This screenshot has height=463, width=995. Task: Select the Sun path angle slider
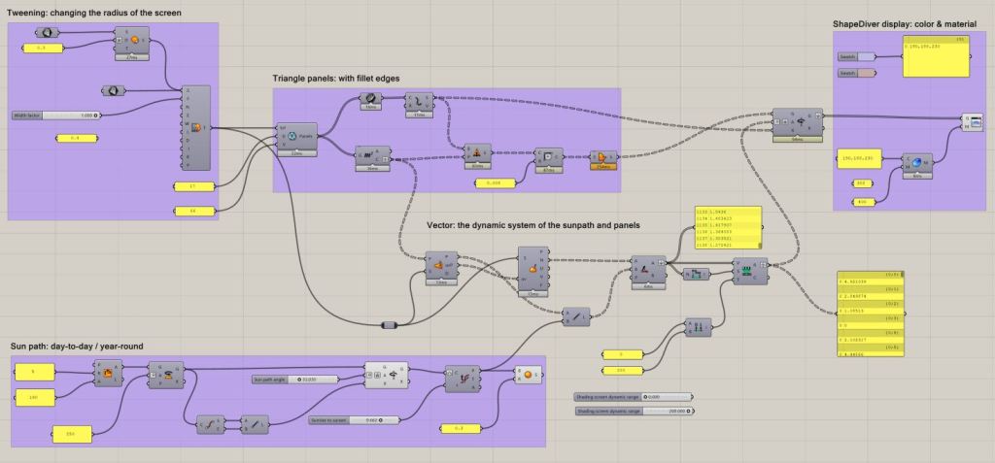[292, 379]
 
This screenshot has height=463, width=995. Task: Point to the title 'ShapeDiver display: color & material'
[910, 23]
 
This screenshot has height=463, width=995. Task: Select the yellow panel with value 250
[70, 433]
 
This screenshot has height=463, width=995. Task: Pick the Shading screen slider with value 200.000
[635, 411]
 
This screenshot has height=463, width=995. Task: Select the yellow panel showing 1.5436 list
[728, 231]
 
